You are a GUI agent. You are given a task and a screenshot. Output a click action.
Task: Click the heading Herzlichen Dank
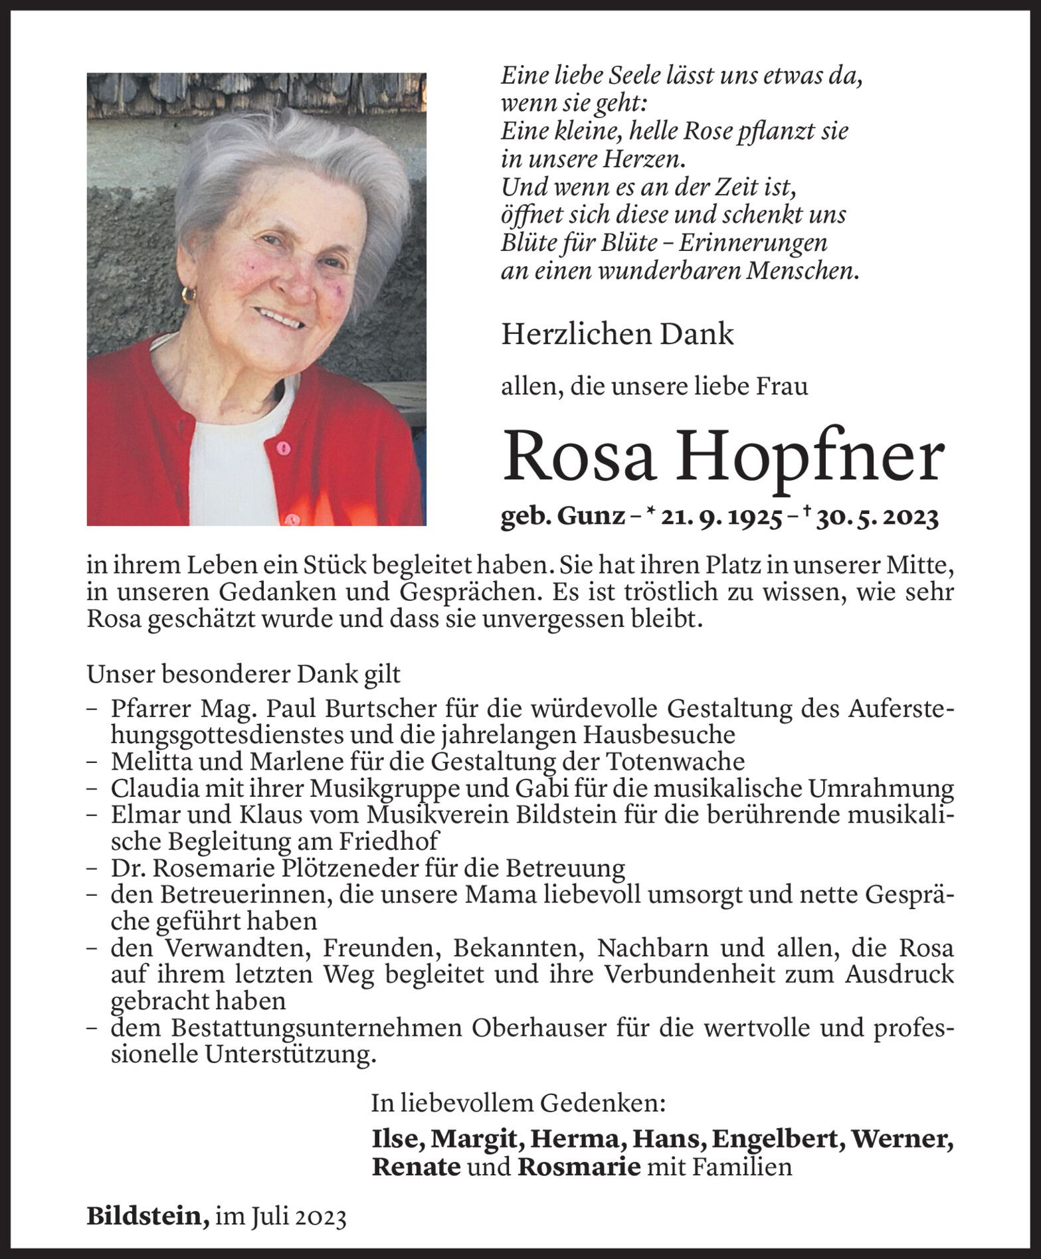[x=617, y=335]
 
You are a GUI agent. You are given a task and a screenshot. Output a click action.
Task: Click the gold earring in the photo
[x=189, y=294]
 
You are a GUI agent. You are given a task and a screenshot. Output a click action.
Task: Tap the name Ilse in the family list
[x=398, y=1139]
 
